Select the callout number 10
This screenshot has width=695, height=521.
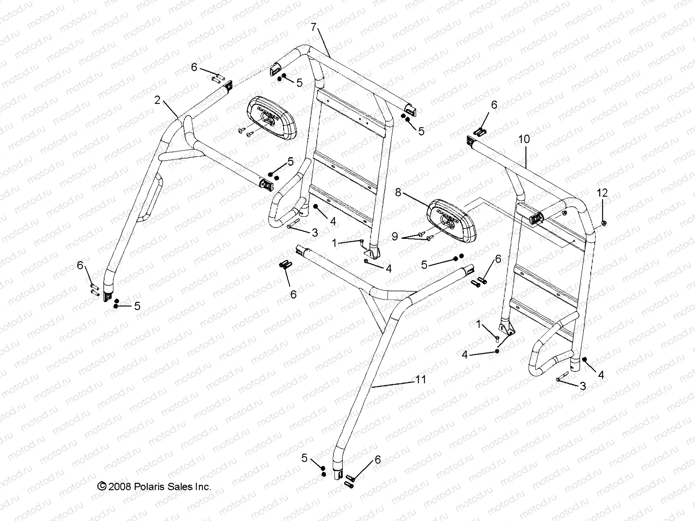[x=524, y=139]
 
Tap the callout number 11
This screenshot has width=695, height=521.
[x=420, y=379]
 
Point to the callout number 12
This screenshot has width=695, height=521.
[x=602, y=192]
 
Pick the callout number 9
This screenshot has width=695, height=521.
[x=395, y=236]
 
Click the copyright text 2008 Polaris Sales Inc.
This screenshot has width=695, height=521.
[x=154, y=487]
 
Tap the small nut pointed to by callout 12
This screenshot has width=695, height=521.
[x=604, y=223]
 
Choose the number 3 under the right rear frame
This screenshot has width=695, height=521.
[x=583, y=386]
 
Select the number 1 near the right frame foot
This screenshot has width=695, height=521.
[x=479, y=323]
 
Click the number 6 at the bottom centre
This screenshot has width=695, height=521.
[x=377, y=460]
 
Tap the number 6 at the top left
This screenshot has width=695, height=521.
[x=194, y=67]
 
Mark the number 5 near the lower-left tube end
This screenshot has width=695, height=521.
[x=137, y=306]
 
